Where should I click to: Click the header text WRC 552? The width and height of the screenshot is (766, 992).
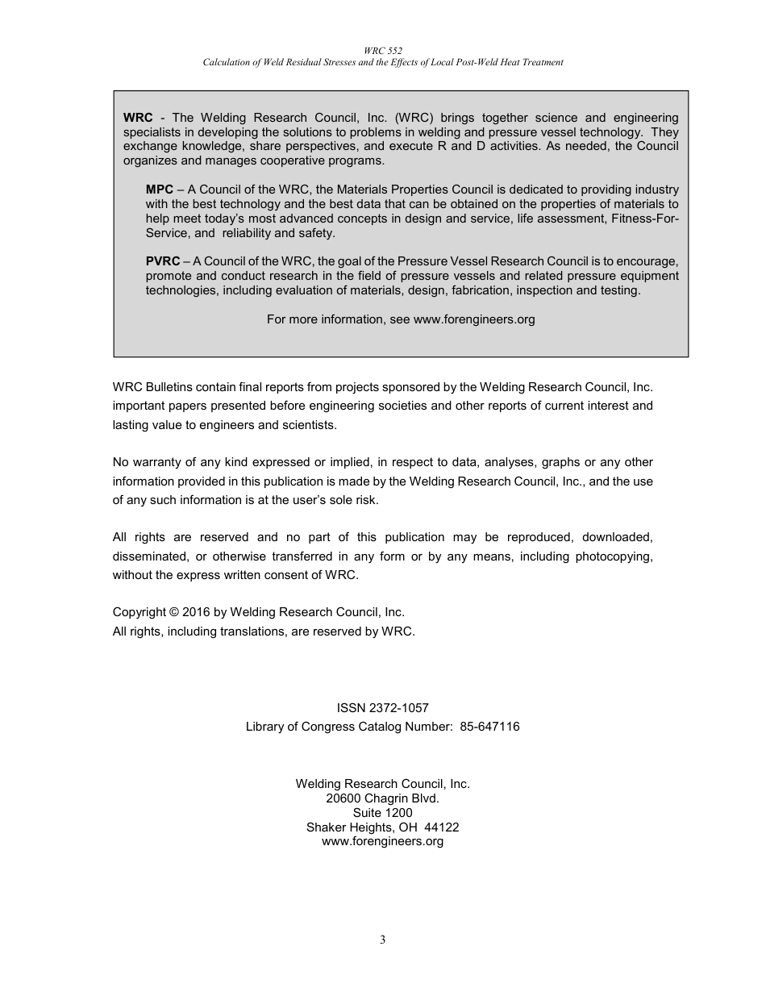382,50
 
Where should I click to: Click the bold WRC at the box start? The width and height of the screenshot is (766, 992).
137,118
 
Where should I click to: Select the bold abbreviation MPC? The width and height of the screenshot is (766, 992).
159,190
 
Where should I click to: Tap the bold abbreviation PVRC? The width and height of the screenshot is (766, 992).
163,261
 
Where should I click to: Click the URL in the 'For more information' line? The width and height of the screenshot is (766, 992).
474,319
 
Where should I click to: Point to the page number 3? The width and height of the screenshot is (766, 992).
383,940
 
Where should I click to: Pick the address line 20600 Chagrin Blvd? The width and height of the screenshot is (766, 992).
382,798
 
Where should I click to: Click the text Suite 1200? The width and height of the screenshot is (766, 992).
382,813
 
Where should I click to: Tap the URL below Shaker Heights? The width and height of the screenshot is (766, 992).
382,841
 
